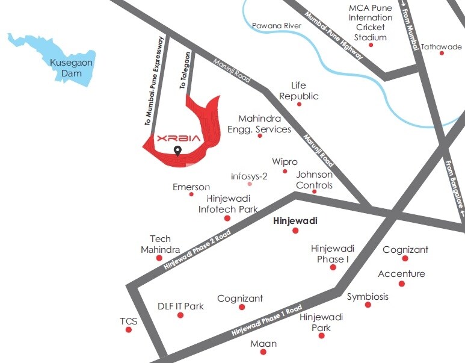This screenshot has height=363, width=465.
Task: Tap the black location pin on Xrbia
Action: click(x=177, y=150)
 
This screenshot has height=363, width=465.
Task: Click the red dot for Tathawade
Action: click(x=442, y=53)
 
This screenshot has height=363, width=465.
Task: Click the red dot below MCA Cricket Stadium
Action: click(x=371, y=45)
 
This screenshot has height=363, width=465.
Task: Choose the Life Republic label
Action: click(x=299, y=91)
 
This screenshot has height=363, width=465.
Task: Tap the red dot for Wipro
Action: click(x=285, y=171)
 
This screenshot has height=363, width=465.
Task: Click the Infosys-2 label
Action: click(x=249, y=176)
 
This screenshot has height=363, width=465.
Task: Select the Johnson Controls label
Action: click(x=314, y=180)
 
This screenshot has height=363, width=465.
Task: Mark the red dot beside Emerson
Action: click(x=191, y=194)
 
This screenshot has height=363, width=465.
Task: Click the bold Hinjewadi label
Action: click(x=295, y=221)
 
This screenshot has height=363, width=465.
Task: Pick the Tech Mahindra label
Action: click(x=161, y=244)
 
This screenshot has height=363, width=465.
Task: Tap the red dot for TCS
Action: click(x=128, y=330)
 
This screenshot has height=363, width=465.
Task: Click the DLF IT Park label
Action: click(x=180, y=306)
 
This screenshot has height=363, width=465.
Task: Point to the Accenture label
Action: click(x=401, y=274)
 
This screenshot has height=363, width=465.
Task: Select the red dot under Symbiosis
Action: click(x=368, y=305)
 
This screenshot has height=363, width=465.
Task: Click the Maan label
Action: click(x=263, y=343)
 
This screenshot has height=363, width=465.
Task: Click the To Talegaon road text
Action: click(x=185, y=71)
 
